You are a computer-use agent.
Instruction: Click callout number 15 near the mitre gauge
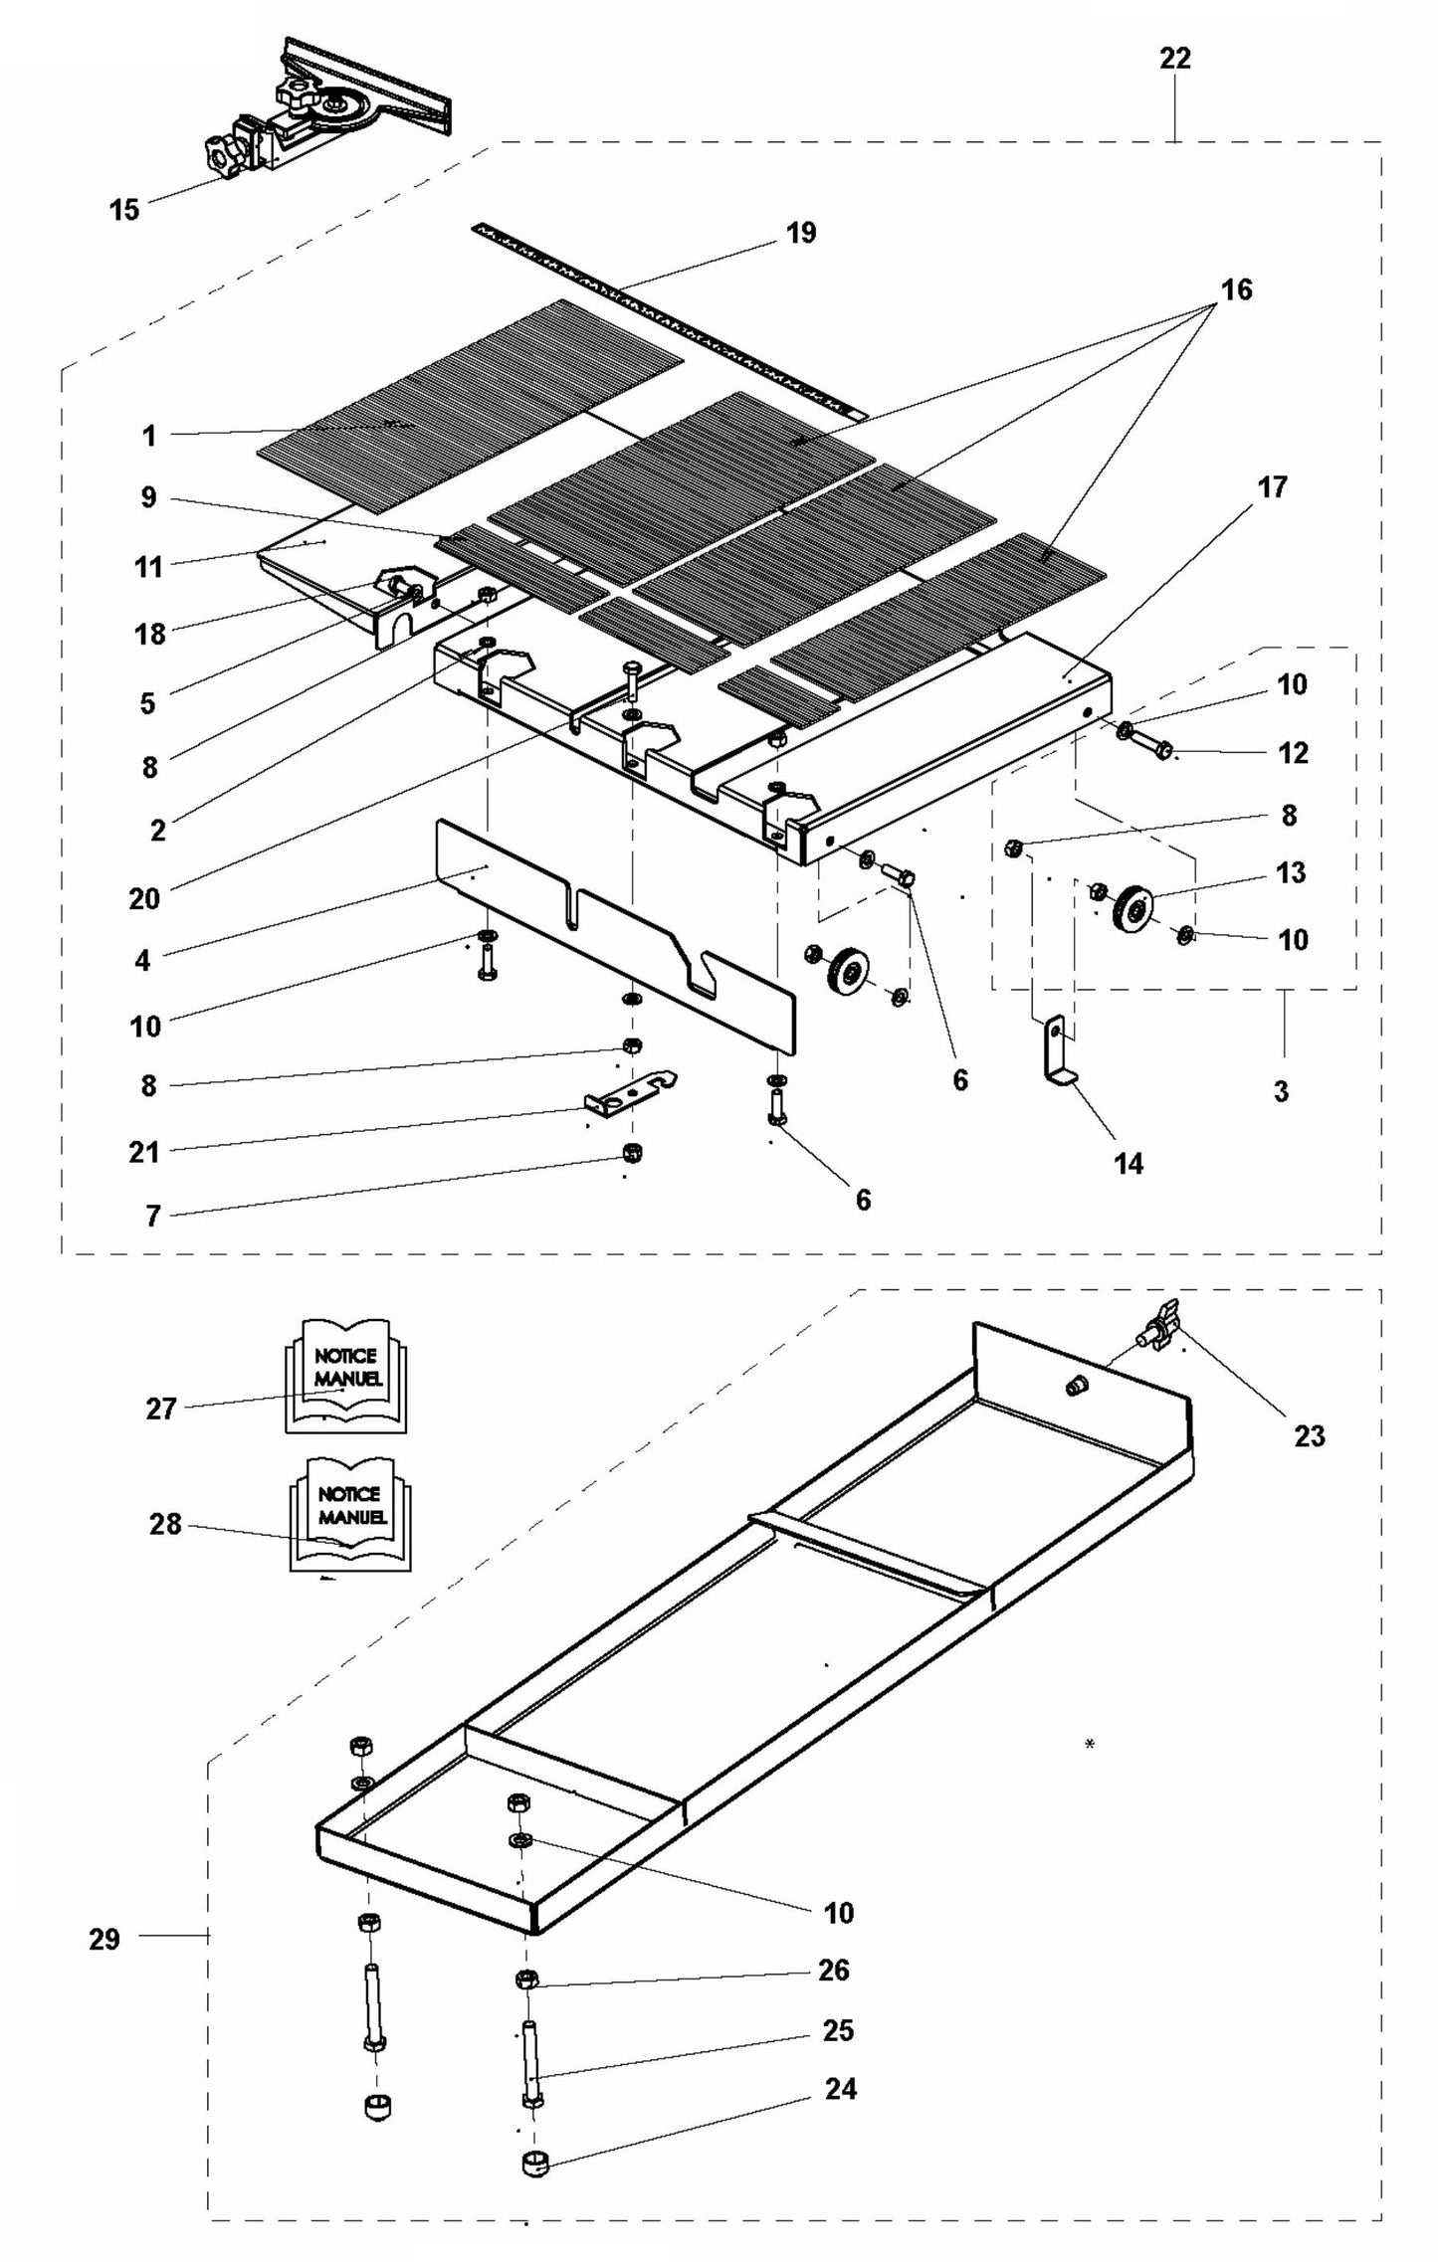tap(124, 210)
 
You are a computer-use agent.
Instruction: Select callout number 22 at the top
tap(1174, 59)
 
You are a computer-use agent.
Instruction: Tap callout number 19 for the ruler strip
tap(800, 233)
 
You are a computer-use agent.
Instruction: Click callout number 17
tap(1272, 487)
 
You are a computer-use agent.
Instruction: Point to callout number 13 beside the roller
tap(1291, 872)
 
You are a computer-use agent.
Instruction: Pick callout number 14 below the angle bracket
tap(1129, 1163)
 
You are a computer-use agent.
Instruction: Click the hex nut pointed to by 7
tap(630, 1153)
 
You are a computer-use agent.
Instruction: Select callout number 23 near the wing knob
tap(1309, 1435)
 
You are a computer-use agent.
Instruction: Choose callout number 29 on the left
tap(104, 1939)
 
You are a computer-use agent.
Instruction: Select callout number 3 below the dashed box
tap(1281, 1091)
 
